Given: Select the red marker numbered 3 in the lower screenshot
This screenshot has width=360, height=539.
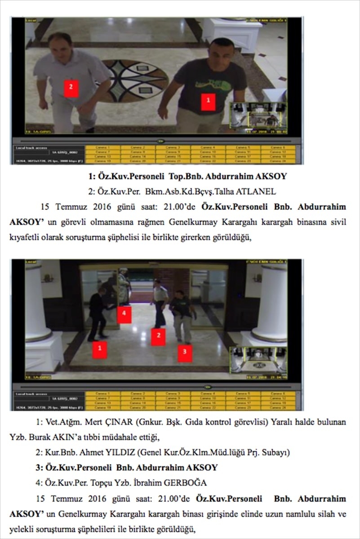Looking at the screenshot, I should click(x=185, y=353).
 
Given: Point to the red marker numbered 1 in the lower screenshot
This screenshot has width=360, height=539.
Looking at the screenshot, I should click(x=99, y=349).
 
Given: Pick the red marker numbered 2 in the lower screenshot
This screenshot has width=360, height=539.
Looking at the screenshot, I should click(x=158, y=336).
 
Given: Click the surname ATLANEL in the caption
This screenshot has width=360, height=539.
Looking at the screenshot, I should click(x=258, y=191).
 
